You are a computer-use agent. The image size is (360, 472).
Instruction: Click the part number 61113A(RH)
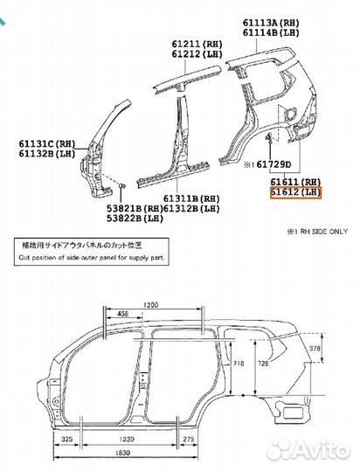pos(271,23)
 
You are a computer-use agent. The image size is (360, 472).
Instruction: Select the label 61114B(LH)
pos(271,32)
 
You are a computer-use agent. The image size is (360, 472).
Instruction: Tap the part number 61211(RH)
pos(197,44)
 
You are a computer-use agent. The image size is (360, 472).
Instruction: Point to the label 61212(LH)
pos(197,54)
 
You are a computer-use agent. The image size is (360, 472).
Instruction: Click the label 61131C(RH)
pos(47,143)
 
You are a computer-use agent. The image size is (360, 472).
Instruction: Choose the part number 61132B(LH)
pos(47,153)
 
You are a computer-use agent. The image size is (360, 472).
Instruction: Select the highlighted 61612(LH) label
pos(296,192)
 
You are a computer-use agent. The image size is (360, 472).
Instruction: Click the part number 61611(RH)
pos(296,182)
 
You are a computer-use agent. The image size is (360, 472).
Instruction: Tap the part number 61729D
pos(273,164)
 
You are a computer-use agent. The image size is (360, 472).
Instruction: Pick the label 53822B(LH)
pos(135,219)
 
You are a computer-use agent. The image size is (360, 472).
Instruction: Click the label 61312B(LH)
pos(191,208)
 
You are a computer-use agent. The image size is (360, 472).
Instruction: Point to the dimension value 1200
pos(150,305)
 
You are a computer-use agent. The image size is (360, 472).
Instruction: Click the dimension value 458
pos(122,314)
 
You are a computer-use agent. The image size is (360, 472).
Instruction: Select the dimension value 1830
pos(123,453)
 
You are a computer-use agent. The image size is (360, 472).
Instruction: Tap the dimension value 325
pos(66,439)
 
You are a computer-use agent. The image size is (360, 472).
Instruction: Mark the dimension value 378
pos(315,348)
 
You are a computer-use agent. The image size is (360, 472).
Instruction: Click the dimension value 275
pos(189,439)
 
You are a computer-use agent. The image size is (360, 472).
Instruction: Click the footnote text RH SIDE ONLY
pos(321,232)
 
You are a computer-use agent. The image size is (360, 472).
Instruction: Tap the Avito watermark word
pos(322,449)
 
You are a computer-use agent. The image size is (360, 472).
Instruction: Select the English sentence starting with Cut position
pos(92,258)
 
